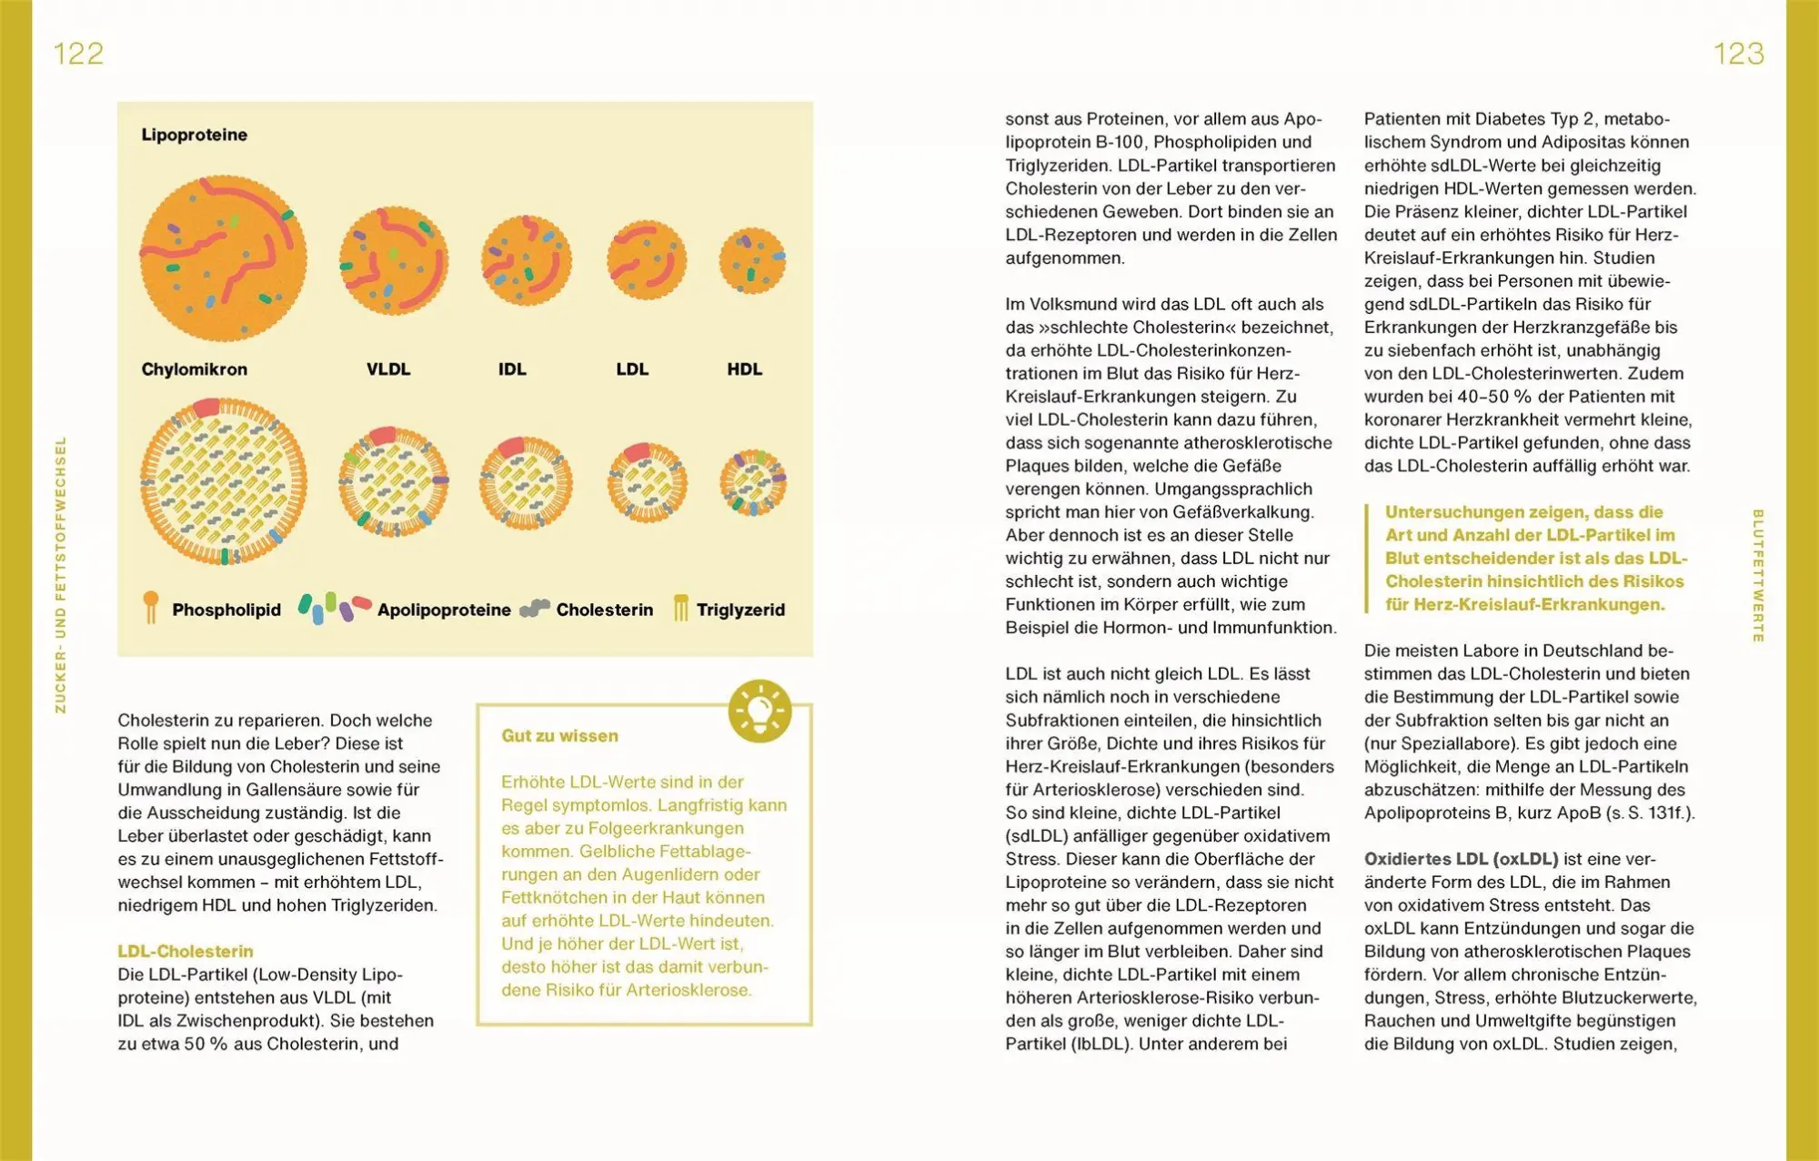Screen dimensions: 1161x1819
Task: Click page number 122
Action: click(x=78, y=54)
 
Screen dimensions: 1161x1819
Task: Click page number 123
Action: click(x=1738, y=54)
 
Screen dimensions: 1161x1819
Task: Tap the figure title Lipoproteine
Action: click(x=194, y=135)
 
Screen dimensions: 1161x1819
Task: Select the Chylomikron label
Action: click(x=194, y=369)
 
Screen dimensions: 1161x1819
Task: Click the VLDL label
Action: click(x=388, y=369)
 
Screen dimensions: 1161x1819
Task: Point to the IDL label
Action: click(x=512, y=369)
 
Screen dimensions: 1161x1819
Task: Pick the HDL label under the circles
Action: click(x=744, y=369)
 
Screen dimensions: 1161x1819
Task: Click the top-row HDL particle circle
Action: click(x=752, y=260)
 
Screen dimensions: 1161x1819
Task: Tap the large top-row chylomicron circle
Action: click(x=223, y=258)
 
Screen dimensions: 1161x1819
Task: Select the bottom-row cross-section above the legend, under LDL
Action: click(x=647, y=482)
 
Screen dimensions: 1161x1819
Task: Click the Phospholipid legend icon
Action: click(x=151, y=607)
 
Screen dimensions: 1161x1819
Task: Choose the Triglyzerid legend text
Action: click(x=740, y=610)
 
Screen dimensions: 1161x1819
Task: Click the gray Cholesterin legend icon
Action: click(x=535, y=608)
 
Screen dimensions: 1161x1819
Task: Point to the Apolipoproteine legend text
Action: click(x=444, y=610)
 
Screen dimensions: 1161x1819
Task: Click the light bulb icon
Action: click(x=759, y=711)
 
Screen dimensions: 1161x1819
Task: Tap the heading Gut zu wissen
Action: click(x=559, y=736)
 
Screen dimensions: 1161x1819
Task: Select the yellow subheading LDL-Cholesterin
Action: click(x=186, y=951)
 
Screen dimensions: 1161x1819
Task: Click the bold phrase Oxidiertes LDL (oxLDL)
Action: click(x=1461, y=859)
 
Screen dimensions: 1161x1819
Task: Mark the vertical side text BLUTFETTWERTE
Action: click(x=1757, y=575)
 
